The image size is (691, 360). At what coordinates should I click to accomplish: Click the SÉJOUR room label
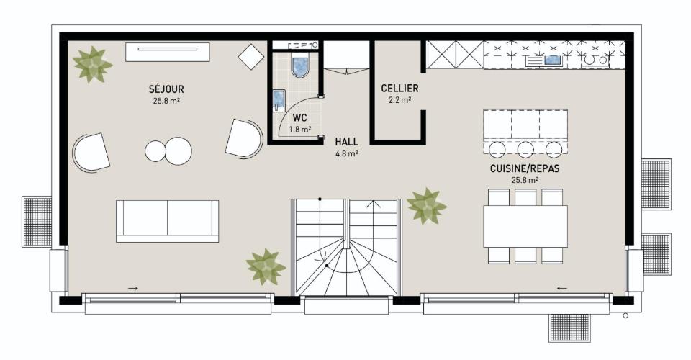166,89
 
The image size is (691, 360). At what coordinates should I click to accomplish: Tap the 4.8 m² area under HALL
346,154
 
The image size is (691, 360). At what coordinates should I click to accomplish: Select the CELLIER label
399,88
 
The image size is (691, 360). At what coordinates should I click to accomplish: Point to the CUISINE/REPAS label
525,168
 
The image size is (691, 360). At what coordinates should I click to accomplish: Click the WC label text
299,118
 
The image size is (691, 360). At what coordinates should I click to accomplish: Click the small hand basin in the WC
279,100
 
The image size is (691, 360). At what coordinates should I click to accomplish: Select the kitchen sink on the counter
552,60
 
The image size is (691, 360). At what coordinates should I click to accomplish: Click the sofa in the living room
168,221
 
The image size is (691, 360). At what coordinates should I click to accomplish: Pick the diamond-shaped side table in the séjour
251,56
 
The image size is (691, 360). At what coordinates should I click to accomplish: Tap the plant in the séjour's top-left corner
91,64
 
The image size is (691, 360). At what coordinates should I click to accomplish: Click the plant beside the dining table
426,206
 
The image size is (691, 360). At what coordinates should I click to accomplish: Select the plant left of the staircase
266,266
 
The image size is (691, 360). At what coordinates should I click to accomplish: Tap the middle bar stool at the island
525,149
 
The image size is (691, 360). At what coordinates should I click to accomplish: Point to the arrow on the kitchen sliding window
562,289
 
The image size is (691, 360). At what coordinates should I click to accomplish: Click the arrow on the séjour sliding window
132,289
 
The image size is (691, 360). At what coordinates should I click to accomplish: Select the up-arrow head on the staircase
374,204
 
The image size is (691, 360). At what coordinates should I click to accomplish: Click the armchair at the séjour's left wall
91,152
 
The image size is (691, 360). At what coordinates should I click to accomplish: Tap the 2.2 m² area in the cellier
399,100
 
